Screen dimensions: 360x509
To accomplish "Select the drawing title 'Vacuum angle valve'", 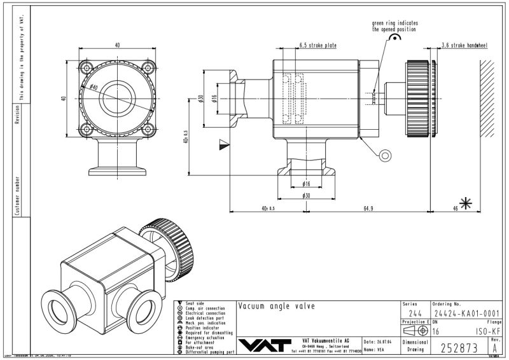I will tap(276, 306).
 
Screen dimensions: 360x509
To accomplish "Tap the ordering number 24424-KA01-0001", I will tap(466, 312).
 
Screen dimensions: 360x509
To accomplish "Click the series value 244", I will tap(414, 312).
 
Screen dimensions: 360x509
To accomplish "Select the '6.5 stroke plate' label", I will tap(317, 46).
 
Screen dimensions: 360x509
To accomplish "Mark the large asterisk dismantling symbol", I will tap(467, 204).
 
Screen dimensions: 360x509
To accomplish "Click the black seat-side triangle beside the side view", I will tap(222, 144).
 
